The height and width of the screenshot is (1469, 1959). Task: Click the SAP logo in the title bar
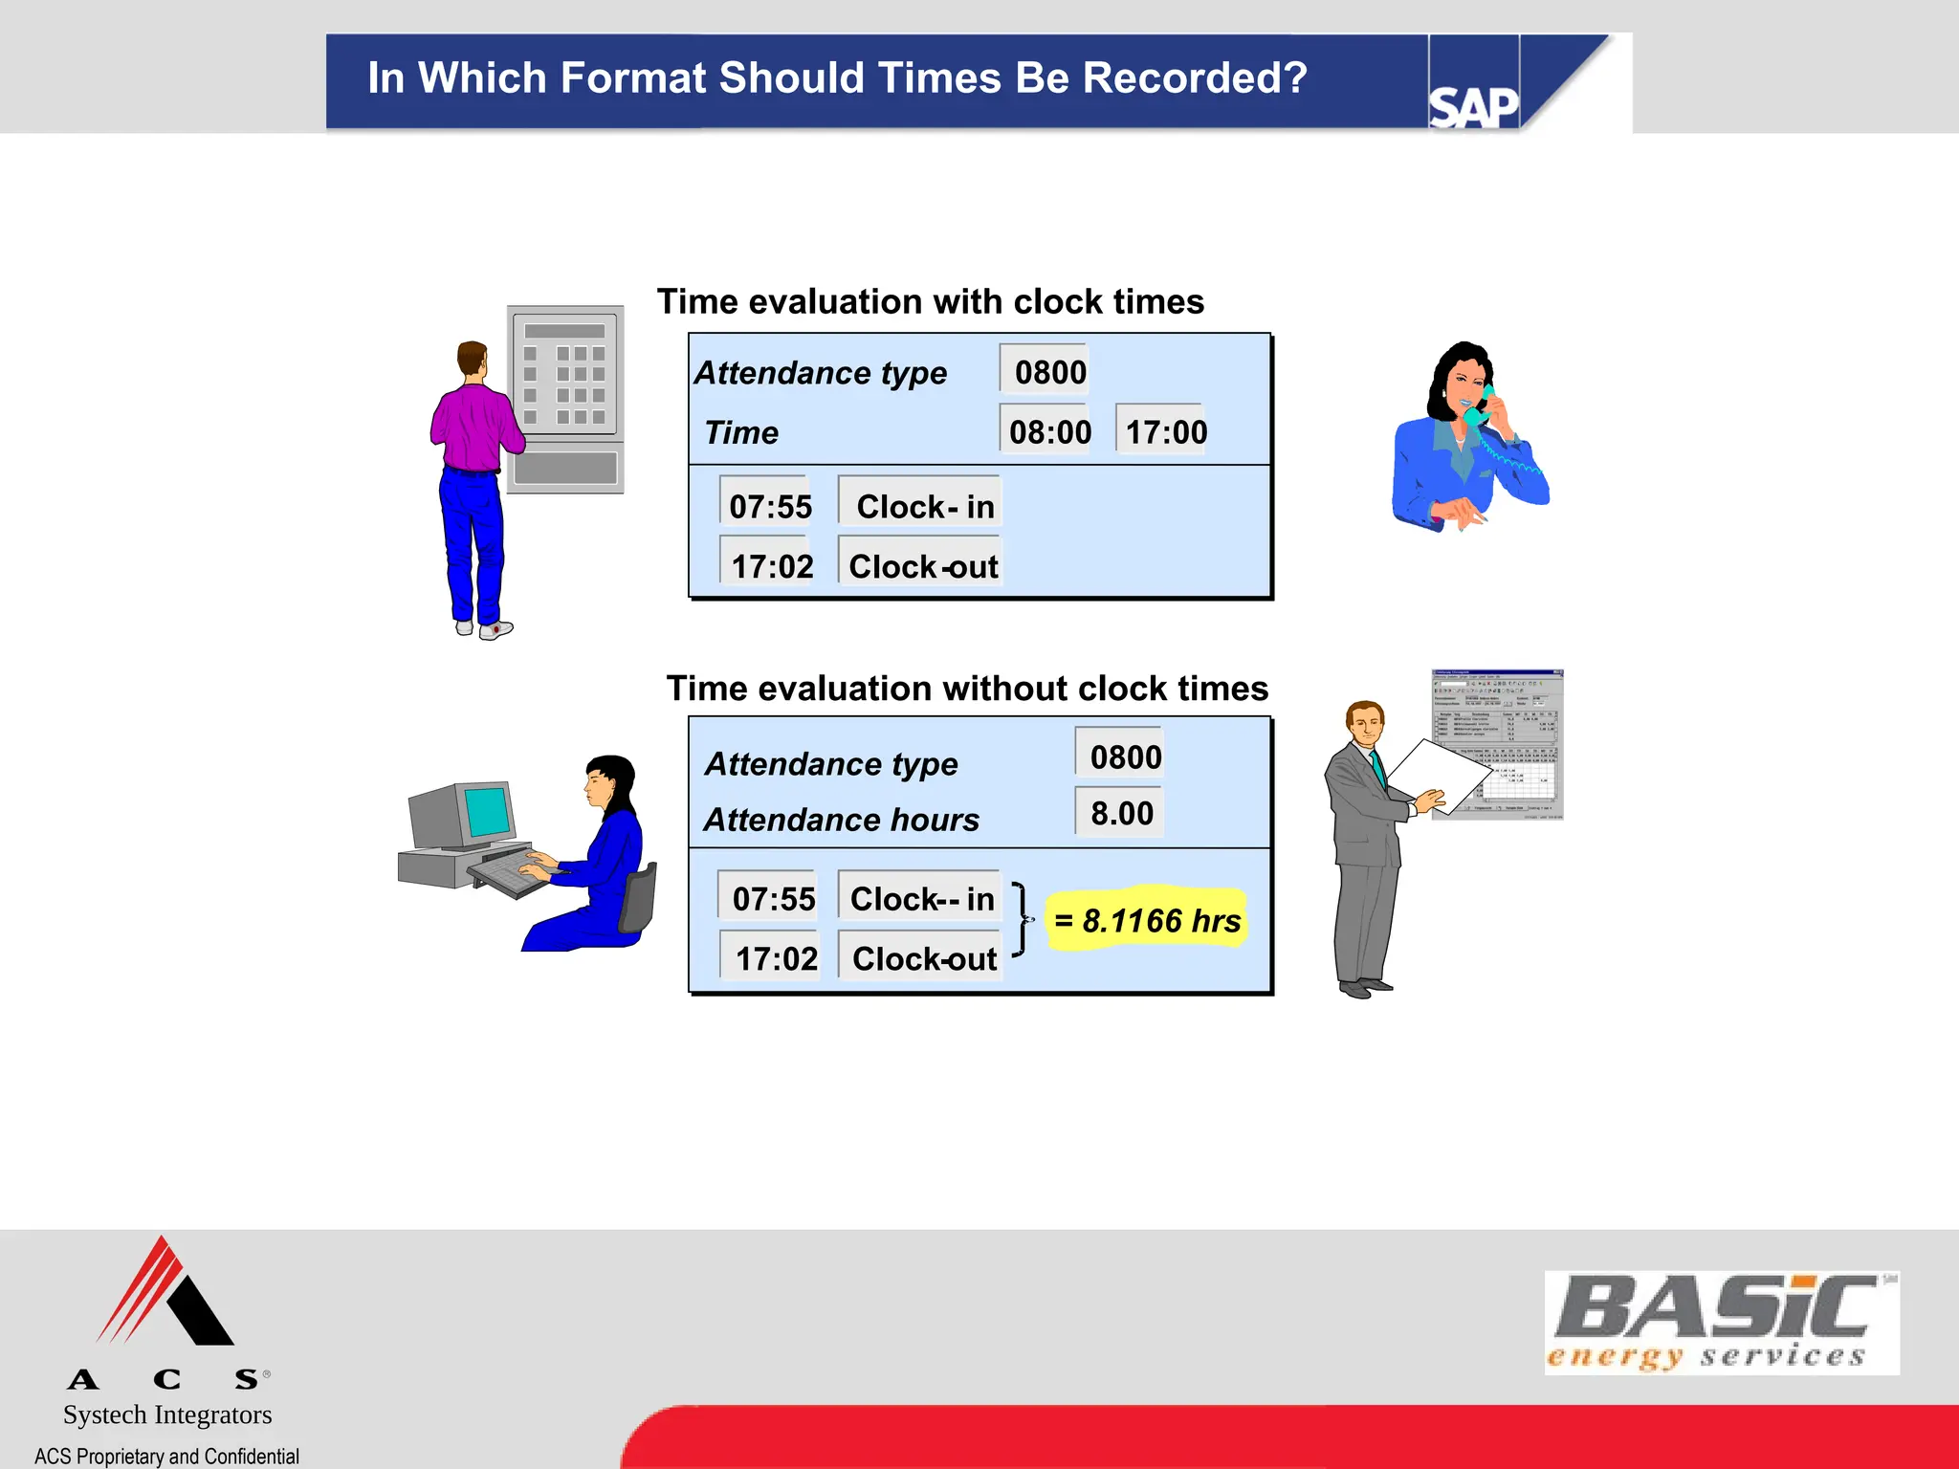[x=1473, y=106]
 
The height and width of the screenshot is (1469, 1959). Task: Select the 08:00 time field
[x=1048, y=431]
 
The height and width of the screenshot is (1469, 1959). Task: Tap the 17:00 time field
[x=1165, y=431]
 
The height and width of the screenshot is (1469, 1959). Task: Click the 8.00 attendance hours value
[x=1121, y=813]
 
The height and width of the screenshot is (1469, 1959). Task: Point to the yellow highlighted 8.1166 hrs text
[x=1147, y=920]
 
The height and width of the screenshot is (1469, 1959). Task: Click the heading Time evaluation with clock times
[x=930, y=302]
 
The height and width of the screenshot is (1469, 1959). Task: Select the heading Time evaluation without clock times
[x=966, y=689]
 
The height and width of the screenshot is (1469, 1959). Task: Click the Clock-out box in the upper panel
[x=922, y=566]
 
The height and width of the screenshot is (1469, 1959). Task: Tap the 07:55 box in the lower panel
[x=773, y=898]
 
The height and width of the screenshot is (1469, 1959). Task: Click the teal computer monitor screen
[x=487, y=811]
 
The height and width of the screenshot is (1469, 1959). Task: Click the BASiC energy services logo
[x=1721, y=1323]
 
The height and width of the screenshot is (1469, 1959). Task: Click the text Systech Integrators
[x=167, y=1414]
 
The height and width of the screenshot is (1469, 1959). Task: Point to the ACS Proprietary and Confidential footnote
[x=167, y=1456]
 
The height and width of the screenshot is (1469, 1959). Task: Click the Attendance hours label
[x=841, y=820]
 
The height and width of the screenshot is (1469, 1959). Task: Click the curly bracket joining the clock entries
[x=1023, y=919]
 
